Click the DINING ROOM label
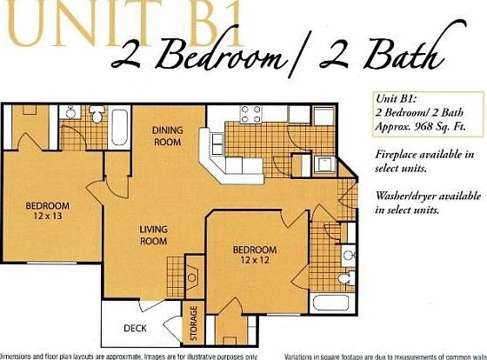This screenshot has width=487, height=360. [x=167, y=136]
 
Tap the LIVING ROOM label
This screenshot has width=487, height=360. [x=154, y=236]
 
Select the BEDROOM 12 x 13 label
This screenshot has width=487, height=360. [x=47, y=210]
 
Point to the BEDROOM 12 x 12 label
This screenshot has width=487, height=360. [x=254, y=256]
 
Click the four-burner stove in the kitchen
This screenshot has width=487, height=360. [x=251, y=114]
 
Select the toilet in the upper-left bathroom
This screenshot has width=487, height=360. [x=98, y=117]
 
